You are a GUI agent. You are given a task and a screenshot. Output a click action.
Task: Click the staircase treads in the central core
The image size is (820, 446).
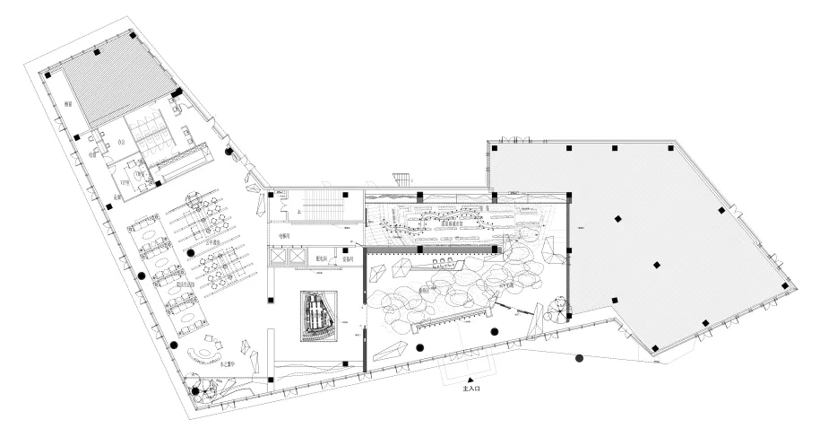pos(318,208)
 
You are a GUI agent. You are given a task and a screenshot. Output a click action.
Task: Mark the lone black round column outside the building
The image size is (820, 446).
pos(579,359)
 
